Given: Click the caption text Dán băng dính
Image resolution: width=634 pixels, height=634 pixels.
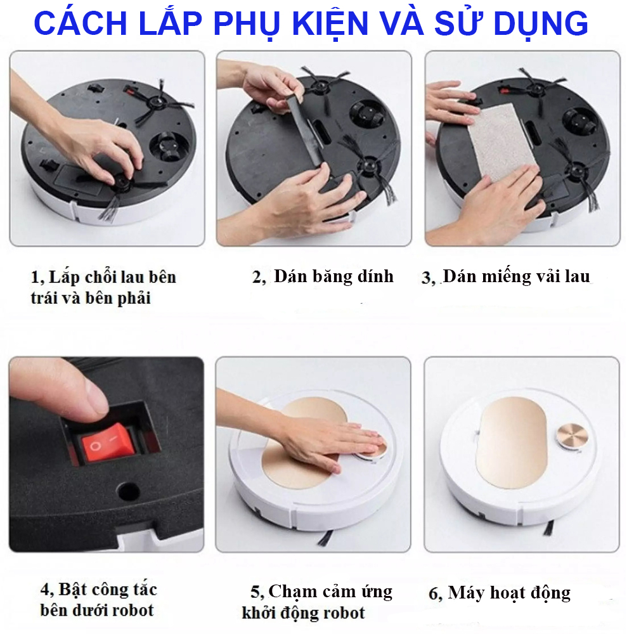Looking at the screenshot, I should tap(333, 276).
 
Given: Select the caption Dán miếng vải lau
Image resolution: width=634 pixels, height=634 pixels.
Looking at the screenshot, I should tap(516, 276).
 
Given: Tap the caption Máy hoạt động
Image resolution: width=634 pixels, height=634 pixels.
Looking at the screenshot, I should tap(509, 593).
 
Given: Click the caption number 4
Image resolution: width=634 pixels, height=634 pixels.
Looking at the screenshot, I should tap(46, 589).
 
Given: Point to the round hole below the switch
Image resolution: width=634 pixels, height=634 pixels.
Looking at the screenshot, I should tap(127, 491).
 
